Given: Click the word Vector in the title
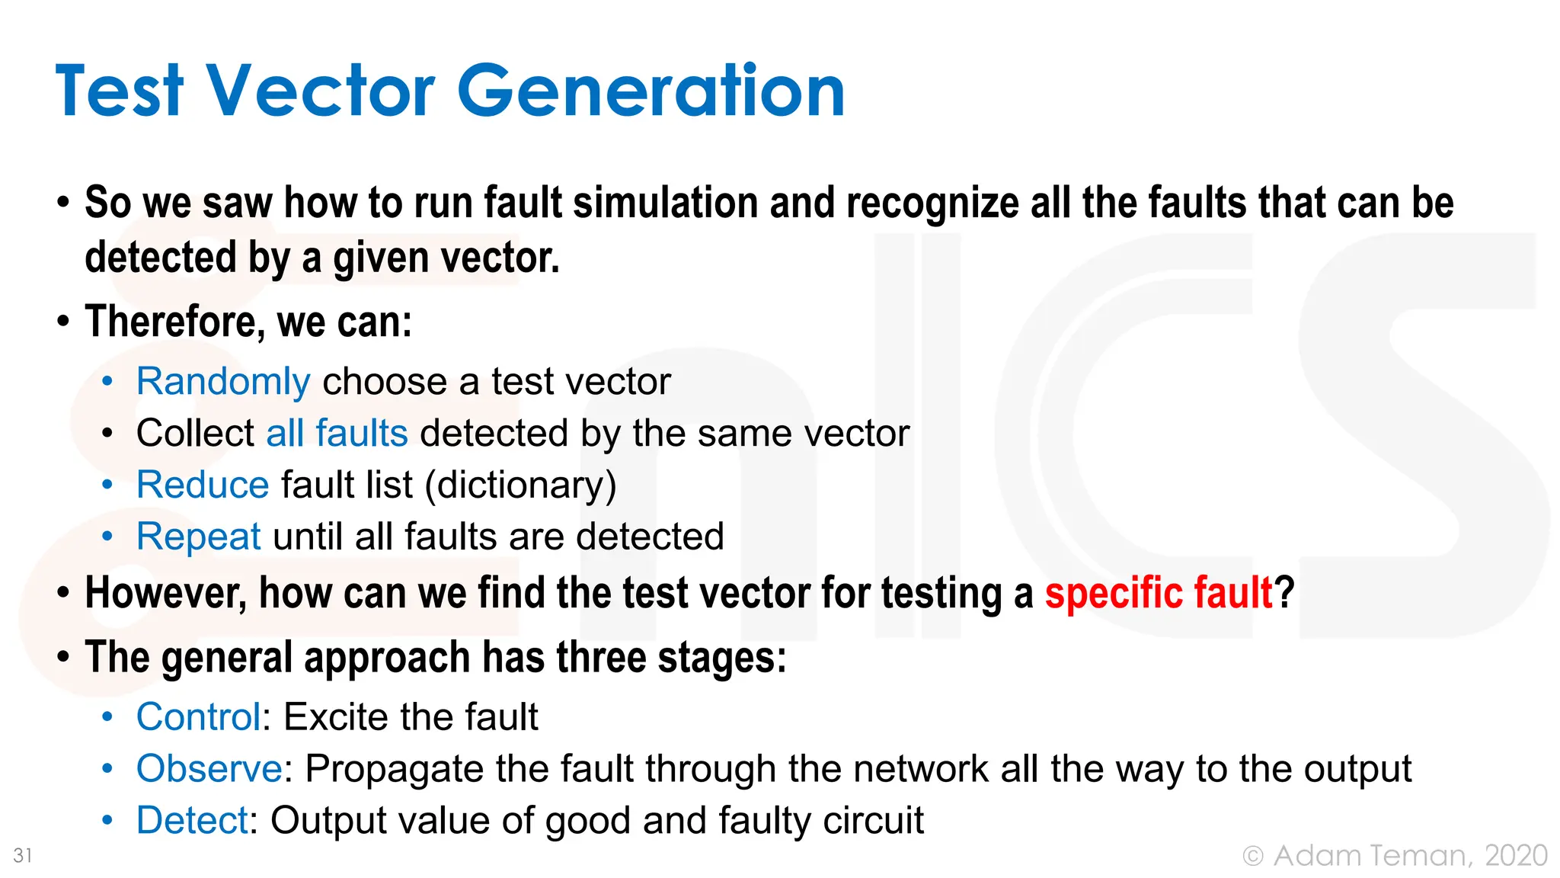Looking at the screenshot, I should [321, 91].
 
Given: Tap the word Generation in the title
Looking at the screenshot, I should [651, 91].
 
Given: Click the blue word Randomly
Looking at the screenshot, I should [223, 382].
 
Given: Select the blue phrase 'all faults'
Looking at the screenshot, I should [337, 434].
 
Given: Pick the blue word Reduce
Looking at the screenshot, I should [203, 485].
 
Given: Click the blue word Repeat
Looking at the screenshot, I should [199, 537].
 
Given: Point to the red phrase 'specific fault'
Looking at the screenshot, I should [1158, 593].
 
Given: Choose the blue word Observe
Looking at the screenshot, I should [209, 769].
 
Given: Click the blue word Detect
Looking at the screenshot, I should [192, 821].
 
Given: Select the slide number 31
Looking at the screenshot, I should [23, 856].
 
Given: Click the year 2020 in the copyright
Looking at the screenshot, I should [1516, 856].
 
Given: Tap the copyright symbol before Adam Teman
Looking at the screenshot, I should [1253, 857].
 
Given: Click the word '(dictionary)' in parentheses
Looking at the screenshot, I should [521, 486].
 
